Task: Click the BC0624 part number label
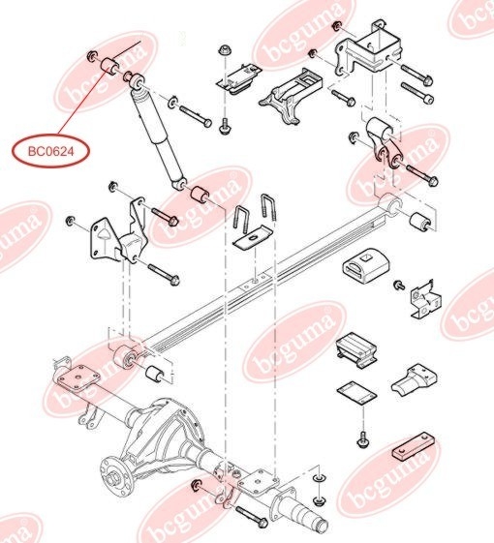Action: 51,151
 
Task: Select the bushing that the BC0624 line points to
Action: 108,66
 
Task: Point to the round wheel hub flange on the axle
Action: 116,477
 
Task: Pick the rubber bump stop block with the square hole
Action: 366,265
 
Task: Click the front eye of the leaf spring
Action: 125,357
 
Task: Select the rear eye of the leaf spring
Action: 390,204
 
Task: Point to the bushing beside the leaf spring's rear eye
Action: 420,222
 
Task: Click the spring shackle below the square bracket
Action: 384,143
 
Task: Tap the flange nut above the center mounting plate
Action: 224,50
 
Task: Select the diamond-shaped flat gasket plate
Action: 356,393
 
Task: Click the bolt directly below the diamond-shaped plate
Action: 362,438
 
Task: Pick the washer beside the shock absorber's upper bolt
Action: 172,102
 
